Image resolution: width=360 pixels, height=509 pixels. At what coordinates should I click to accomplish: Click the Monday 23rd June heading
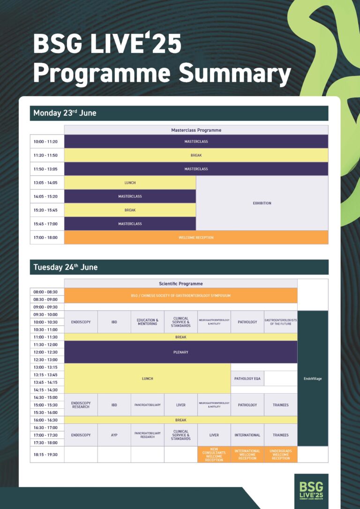(65, 113)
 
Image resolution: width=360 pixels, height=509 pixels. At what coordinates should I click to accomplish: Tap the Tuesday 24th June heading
(66, 267)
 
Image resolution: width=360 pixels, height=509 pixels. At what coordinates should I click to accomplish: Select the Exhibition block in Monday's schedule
(262, 203)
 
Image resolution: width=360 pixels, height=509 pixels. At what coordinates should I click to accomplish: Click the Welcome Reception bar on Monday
(196, 238)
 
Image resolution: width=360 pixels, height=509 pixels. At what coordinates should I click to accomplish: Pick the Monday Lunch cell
(130, 183)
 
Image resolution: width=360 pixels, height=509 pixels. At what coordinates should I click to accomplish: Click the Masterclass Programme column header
(196, 130)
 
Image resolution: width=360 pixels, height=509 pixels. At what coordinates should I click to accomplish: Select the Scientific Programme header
(180, 284)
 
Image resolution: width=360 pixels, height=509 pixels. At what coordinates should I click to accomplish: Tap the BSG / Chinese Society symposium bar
(180, 296)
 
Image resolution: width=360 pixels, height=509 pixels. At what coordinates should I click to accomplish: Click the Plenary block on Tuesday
(180, 352)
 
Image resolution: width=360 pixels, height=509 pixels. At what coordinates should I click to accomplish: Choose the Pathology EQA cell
(247, 378)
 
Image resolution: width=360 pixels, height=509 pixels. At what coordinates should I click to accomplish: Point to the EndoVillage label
(313, 378)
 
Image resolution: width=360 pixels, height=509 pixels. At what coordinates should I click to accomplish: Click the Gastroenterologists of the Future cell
(280, 322)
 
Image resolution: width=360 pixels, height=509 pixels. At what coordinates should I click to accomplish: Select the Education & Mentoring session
(147, 322)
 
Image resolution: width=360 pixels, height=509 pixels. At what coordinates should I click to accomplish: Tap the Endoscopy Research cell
(81, 404)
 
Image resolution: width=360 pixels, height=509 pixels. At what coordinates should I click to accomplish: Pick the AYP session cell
(114, 435)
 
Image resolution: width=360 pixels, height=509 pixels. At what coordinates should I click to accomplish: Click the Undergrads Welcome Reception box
(280, 455)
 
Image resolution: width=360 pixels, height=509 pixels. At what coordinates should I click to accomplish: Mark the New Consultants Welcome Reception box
(214, 455)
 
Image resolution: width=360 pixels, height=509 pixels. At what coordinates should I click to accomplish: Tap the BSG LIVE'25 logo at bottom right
(311, 490)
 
